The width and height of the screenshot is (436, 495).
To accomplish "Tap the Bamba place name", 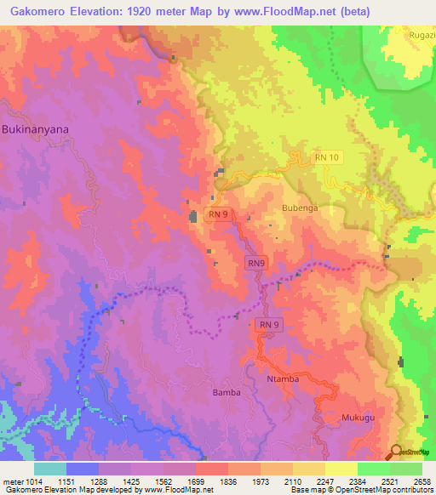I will click(x=227, y=393).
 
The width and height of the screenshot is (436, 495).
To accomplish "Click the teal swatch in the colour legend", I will click(x=49, y=469).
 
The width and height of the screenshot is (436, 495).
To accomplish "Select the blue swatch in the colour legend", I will click(x=82, y=469).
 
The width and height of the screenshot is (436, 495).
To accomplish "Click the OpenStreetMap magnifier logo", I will click(x=396, y=452).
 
